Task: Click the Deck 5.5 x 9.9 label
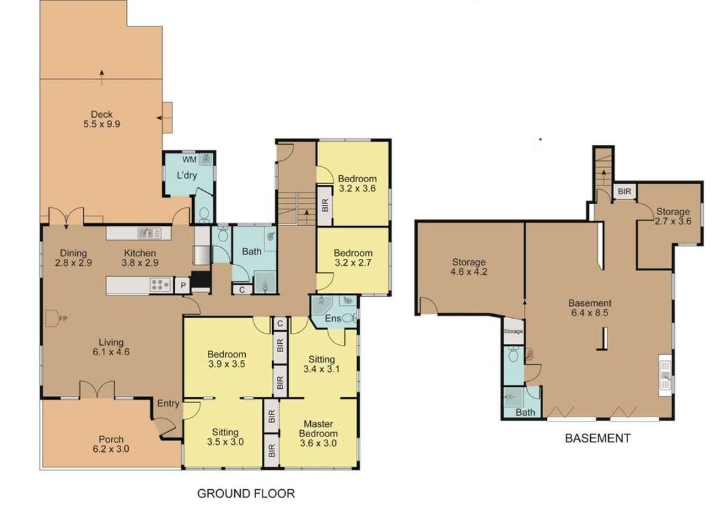pos(102,119)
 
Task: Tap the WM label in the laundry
pos(189,160)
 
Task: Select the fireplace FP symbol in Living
pos(53,318)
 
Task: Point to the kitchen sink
pos(149,233)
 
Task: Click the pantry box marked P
pos(183,285)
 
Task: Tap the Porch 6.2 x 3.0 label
pos(111,444)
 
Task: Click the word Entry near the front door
pos(168,403)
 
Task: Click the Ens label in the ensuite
pos(333,318)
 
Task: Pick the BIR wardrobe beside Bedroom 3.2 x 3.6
pos(324,205)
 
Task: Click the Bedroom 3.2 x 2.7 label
pos(353,257)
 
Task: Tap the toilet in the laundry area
pos(204,214)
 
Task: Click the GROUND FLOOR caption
pos(246,494)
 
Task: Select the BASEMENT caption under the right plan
pos(598,438)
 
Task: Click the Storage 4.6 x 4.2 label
pos(469,267)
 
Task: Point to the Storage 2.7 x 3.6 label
pos(673,216)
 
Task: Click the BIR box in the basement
pos(624,191)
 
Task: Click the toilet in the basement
pos(514,354)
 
